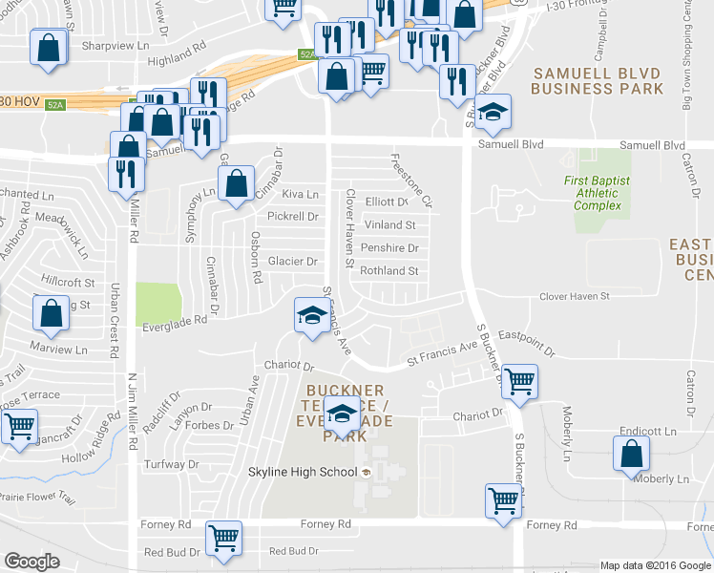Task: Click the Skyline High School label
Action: coord(302,472)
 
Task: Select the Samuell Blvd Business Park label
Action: coord(598,80)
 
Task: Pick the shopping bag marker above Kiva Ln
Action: coord(236,183)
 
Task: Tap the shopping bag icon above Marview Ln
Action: coord(51,312)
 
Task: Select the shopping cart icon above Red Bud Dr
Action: coord(223,538)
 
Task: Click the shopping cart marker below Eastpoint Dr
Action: coord(519,380)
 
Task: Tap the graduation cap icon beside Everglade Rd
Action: coord(312,315)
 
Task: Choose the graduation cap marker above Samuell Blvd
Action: coord(493,112)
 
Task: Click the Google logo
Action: coord(31,562)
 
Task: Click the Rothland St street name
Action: coord(389,271)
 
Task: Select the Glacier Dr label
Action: coord(292,262)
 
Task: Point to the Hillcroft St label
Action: coord(70,283)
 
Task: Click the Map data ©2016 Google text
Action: coord(656,564)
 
